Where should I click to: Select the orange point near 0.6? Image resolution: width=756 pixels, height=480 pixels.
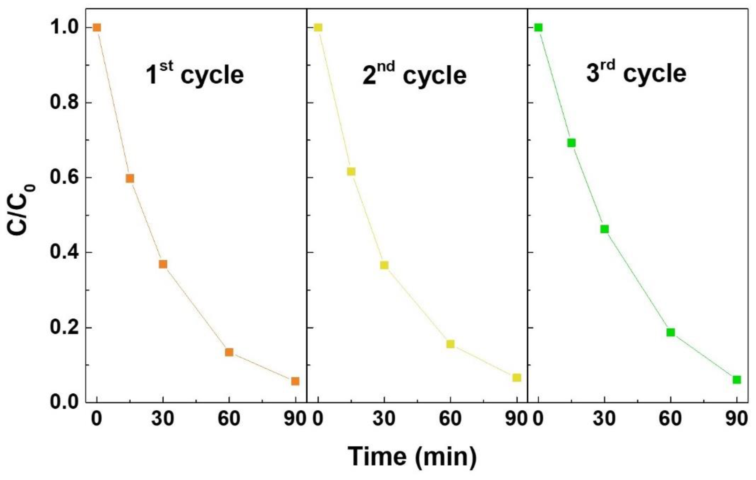point(130,178)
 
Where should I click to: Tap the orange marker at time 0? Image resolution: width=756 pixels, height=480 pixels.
point(97,28)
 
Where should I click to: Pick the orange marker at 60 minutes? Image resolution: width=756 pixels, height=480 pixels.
point(229,352)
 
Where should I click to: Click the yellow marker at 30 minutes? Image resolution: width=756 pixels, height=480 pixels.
point(384,265)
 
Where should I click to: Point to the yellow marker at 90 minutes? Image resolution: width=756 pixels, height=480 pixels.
point(517,378)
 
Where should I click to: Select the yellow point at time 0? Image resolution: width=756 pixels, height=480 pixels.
point(318,28)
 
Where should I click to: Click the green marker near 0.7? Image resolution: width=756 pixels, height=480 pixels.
point(572,143)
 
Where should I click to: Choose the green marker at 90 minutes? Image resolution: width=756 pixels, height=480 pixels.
point(737,380)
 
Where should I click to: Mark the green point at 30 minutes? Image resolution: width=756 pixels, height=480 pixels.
point(604,229)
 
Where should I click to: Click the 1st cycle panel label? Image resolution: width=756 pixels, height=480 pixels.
point(195,74)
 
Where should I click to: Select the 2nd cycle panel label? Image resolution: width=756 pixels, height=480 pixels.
point(414,74)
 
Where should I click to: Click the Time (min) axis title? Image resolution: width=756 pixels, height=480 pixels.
point(412,456)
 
